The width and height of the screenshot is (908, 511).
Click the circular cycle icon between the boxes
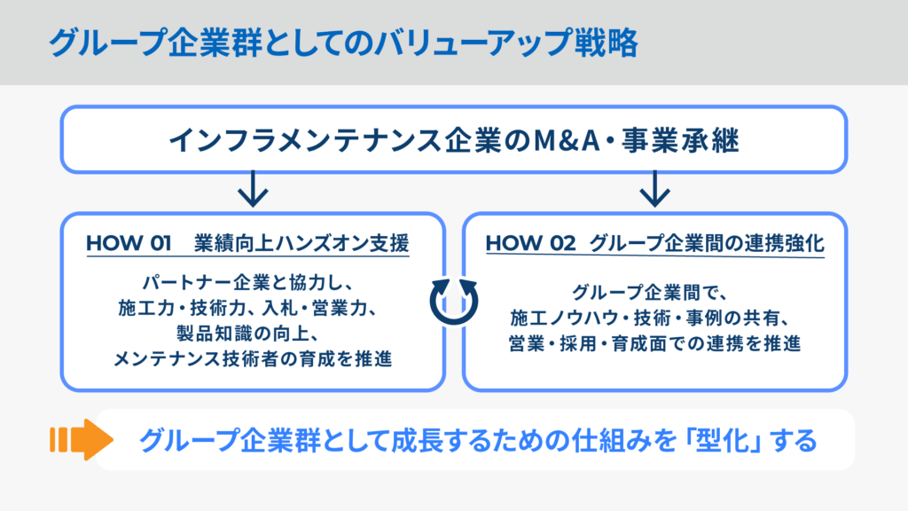point(453,301)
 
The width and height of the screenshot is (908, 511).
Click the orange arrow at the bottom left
point(81,439)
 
